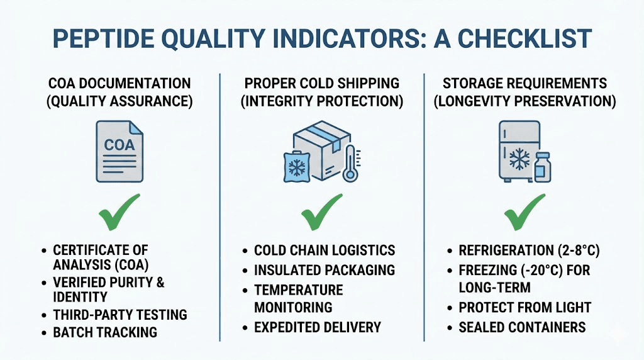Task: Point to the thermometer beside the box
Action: [x=349, y=162]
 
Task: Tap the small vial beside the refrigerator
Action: [x=541, y=167]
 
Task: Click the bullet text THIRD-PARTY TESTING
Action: [x=120, y=315]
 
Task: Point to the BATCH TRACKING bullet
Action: [x=105, y=332]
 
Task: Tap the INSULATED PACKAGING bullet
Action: [x=325, y=270]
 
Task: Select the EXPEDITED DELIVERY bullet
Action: [x=318, y=327]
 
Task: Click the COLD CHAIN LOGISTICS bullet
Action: [x=325, y=250]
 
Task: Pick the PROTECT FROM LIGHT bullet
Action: [x=525, y=308]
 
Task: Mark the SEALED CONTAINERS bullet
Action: [x=522, y=327]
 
